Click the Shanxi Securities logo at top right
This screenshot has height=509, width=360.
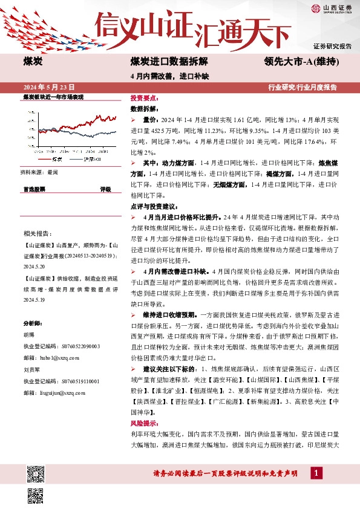click(x=332, y=8)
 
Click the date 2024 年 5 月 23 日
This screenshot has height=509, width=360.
click(x=52, y=87)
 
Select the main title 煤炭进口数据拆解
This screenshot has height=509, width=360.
click(x=169, y=62)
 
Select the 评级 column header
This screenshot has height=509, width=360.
click(x=105, y=189)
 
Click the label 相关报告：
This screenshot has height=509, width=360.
click(x=38, y=233)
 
